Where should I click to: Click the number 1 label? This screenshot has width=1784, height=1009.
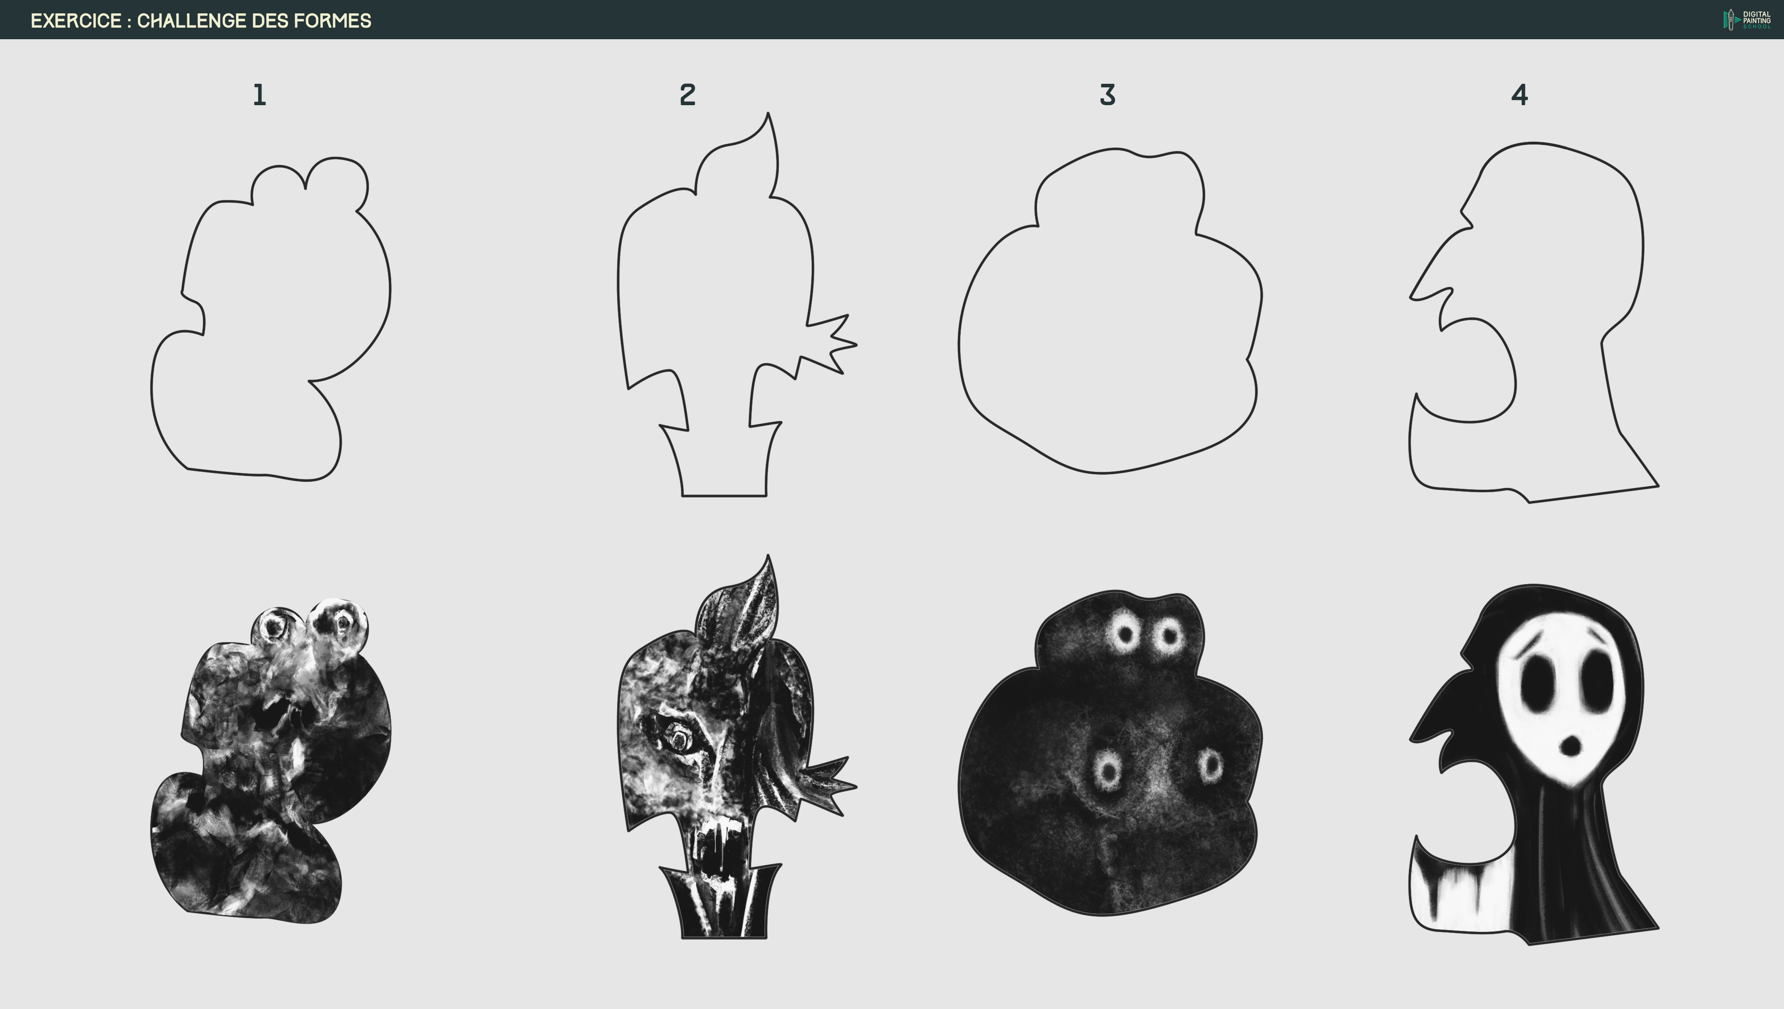[x=259, y=95]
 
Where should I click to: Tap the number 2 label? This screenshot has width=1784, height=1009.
[x=687, y=95]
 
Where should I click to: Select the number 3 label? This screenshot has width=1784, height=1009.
[x=1107, y=95]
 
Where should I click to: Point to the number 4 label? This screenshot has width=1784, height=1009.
[x=1519, y=95]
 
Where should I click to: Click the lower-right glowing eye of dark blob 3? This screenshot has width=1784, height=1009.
[x=1210, y=765]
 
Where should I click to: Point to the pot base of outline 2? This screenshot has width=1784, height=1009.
[x=724, y=478]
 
